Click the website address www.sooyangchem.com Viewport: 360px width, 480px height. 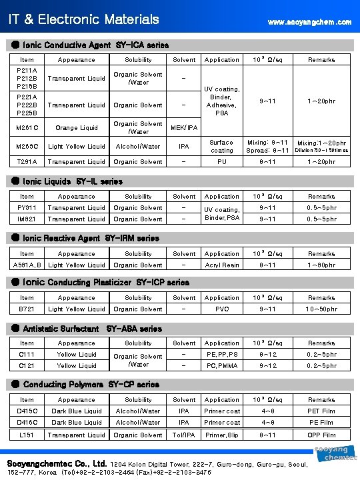point(309,22)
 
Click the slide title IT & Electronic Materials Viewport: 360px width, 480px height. point(83,20)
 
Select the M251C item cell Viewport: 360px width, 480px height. point(27,127)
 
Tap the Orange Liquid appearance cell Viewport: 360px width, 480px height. point(77,127)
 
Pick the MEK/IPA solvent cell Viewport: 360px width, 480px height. point(185,127)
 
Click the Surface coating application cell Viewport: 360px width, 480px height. point(221,146)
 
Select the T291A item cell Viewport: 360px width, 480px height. point(27,161)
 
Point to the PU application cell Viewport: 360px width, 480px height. point(221,161)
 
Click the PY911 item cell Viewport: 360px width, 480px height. point(27,207)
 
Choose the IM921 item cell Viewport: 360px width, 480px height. point(27,219)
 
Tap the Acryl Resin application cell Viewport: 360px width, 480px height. point(221,265)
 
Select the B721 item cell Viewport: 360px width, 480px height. point(27,309)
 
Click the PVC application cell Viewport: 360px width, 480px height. point(221,309)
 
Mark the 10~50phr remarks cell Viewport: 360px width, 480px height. point(321,309)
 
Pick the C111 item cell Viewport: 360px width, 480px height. point(27,354)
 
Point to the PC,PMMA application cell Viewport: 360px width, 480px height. point(221,365)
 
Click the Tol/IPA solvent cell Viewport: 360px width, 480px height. point(185,434)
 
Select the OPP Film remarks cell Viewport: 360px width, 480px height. point(321,434)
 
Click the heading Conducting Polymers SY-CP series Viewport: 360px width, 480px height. point(91,384)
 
